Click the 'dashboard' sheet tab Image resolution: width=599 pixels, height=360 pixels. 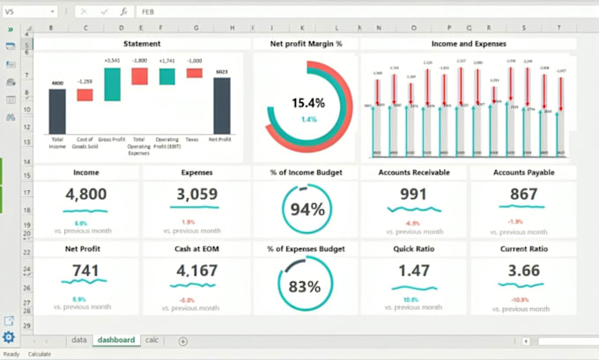[116, 340]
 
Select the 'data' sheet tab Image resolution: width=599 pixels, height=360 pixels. [79, 340]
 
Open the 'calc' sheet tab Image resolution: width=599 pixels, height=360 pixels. [152, 340]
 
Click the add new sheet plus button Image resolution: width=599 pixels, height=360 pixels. [183, 341]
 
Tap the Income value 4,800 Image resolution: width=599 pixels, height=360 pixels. [85, 195]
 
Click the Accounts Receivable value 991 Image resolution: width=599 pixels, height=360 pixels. [412, 195]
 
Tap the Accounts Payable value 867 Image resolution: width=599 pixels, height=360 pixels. [522, 195]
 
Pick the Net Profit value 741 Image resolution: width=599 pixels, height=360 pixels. [85, 270]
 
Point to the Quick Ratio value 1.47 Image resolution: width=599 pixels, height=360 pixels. [412, 270]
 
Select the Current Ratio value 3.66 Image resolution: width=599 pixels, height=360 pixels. [522, 270]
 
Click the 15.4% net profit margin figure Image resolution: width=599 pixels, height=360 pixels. [308, 103]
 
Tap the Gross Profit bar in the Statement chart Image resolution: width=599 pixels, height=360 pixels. [112, 84]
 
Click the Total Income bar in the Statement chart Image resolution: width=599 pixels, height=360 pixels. [56, 111]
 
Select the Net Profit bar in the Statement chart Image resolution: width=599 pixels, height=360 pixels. [222, 106]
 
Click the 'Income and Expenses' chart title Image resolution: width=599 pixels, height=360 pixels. [469, 43]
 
